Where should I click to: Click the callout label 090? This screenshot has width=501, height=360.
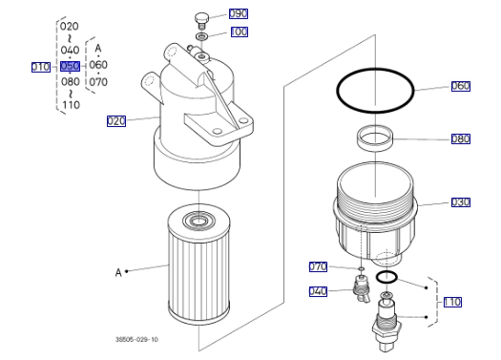pyautogui.click(x=239, y=13)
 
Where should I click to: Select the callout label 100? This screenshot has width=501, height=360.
pyautogui.click(x=240, y=32)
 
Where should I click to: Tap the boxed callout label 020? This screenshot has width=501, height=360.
pyautogui.click(x=116, y=121)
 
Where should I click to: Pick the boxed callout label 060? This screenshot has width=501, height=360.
pyautogui.click(x=461, y=86)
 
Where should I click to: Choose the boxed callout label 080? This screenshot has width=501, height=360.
pyautogui.click(x=461, y=138)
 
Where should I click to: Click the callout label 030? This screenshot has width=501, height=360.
pyautogui.click(x=461, y=202)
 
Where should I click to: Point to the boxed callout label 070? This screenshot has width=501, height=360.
pyautogui.click(x=318, y=266)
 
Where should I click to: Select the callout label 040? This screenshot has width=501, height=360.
pyautogui.click(x=318, y=291)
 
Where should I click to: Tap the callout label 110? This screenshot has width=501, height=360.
pyautogui.click(x=452, y=302)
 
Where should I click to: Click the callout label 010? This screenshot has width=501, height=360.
pyautogui.click(x=41, y=67)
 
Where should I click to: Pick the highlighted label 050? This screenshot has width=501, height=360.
pyautogui.click(x=70, y=66)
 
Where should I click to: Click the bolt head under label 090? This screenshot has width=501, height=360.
pyautogui.click(x=201, y=19)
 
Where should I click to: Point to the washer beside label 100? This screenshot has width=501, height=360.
pyautogui.click(x=201, y=35)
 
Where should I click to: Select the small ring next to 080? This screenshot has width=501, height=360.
pyautogui.click(x=375, y=138)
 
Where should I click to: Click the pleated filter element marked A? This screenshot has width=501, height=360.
pyautogui.click(x=198, y=265)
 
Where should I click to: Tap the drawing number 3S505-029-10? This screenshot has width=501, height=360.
pyautogui.click(x=136, y=339)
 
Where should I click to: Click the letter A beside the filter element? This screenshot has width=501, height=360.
pyautogui.click(x=118, y=272)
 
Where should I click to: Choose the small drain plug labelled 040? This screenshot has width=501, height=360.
pyautogui.click(x=361, y=287)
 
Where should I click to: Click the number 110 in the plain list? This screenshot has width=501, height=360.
pyautogui.click(x=71, y=105)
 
